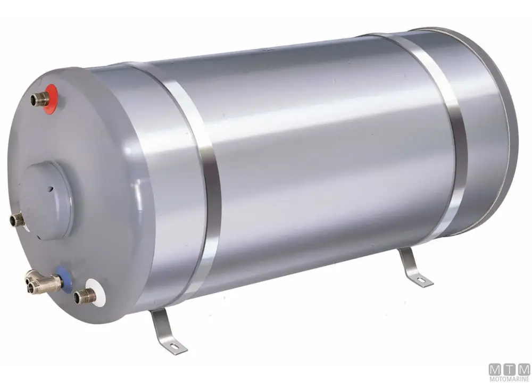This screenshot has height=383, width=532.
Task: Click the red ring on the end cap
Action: pos(52,98)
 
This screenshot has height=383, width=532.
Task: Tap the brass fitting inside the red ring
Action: pos(40,99)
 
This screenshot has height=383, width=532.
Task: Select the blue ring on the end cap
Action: pos(64,279)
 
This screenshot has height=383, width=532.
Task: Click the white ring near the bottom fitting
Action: pos(97,293)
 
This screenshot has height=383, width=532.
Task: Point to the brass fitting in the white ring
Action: pos(85,296)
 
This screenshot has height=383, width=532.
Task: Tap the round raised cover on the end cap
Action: pos(46,200)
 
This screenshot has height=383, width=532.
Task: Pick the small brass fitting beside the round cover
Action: pos(17,220)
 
